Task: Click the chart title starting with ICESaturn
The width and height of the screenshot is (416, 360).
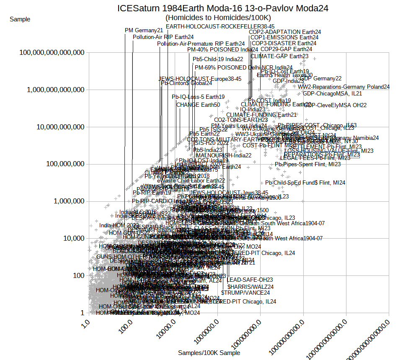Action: [222, 8]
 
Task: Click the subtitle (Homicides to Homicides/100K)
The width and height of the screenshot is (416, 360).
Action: [218, 18]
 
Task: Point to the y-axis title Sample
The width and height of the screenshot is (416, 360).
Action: [20, 19]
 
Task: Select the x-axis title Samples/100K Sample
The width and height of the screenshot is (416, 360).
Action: [209, 353]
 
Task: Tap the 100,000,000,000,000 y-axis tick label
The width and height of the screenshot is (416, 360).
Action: [50, 52]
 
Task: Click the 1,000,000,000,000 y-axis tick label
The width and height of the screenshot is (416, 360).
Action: [53, 90]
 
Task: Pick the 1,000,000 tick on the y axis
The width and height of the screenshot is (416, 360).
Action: [67, 201]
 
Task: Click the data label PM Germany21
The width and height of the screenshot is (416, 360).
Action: [144, 30]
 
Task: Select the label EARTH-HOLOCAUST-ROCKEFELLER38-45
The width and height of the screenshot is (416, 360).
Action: [220, 26]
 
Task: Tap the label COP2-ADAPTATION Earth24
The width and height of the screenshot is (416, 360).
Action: [285, 32]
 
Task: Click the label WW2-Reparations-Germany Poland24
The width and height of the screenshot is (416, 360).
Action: [344, 87]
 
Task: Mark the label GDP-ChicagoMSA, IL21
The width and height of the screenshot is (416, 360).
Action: [332, 93]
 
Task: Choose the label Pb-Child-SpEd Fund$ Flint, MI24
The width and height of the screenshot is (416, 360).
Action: [305, 183]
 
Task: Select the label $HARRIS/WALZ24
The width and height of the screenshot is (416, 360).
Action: [251, 287]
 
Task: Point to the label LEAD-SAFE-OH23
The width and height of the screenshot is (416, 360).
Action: [250, 280]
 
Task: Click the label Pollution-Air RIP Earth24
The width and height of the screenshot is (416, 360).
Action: [163, 37]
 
